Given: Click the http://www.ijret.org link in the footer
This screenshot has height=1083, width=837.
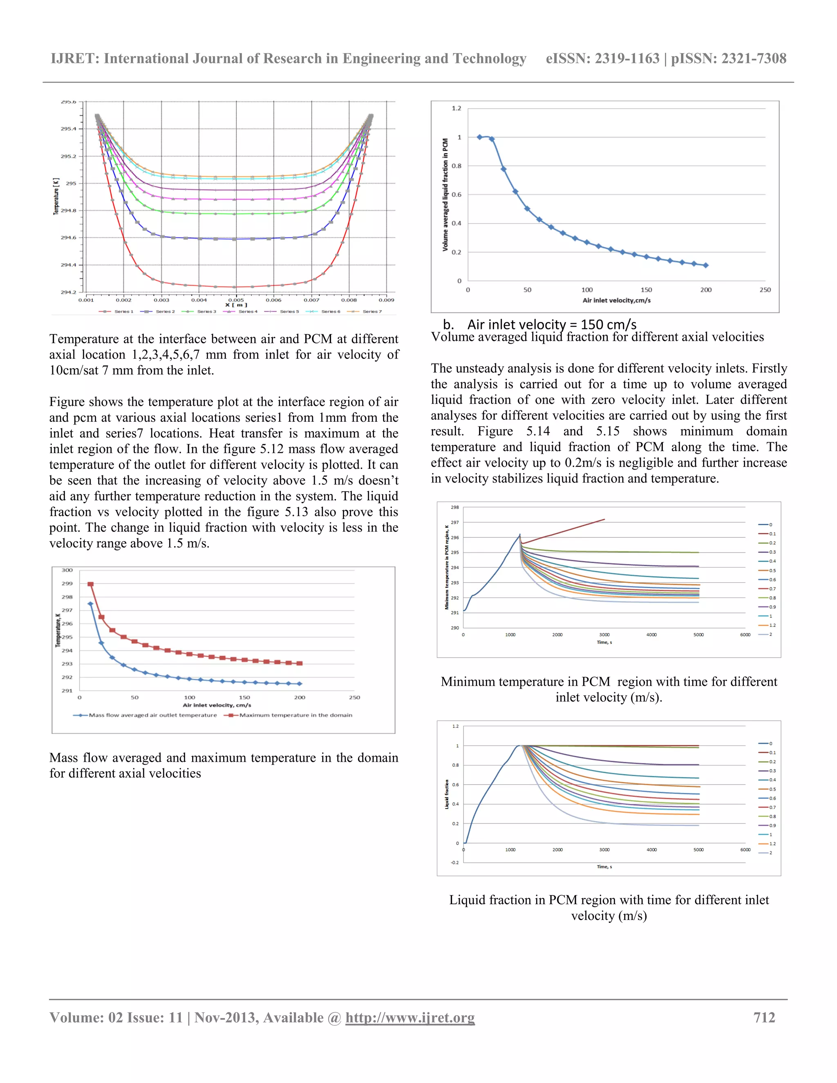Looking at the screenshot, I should pos(410,1018).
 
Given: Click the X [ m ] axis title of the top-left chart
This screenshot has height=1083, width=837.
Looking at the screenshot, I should pos(236,305).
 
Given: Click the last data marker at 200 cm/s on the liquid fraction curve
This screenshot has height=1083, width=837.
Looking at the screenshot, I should pos(705,265).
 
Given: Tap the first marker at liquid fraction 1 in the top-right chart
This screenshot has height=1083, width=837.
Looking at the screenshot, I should pos(479,137).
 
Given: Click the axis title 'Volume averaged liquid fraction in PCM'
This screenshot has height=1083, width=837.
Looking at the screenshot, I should pos(445,195).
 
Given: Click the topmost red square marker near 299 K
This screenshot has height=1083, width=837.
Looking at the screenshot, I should pos(90,584).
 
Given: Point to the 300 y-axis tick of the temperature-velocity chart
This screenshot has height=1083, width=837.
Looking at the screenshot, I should pos(67,570).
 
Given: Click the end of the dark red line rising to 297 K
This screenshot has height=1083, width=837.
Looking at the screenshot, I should pos(604,520).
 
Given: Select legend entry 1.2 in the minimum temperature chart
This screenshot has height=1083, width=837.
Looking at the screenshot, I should pos(772,625).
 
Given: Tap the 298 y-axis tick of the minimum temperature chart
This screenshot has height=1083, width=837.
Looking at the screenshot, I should pos(455,507).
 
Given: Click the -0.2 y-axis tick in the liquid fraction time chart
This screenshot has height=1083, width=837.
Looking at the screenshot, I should pos(455,862).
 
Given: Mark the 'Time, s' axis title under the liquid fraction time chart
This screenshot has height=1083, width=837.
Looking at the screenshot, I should pos(604,867).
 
